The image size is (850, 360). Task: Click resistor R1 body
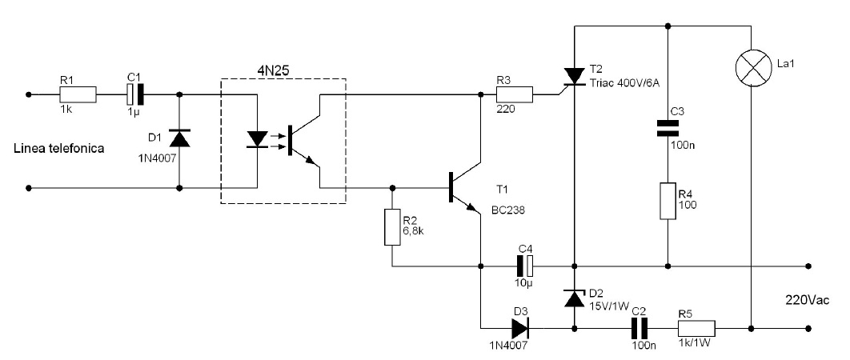(x=78, y=95)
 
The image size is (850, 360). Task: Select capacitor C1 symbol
(x=135, y=95)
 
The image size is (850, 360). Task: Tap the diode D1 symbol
(x=179, y=138)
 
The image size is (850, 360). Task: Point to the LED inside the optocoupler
(x=257, y=138)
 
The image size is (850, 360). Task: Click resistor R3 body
(x=515, y=95)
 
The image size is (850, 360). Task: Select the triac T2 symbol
(x=574, y=77)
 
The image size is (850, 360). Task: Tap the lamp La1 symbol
(x=752, y=68)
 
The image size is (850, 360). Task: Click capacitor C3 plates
(x=668, y=128)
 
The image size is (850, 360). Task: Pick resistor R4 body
(x=668, y=201)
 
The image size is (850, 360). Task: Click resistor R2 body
(x=392, y=227)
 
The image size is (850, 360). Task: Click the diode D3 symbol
(x=520, y=328)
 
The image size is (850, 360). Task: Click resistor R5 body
(x=696, y=328)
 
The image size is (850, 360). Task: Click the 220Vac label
(x=807, y=300)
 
